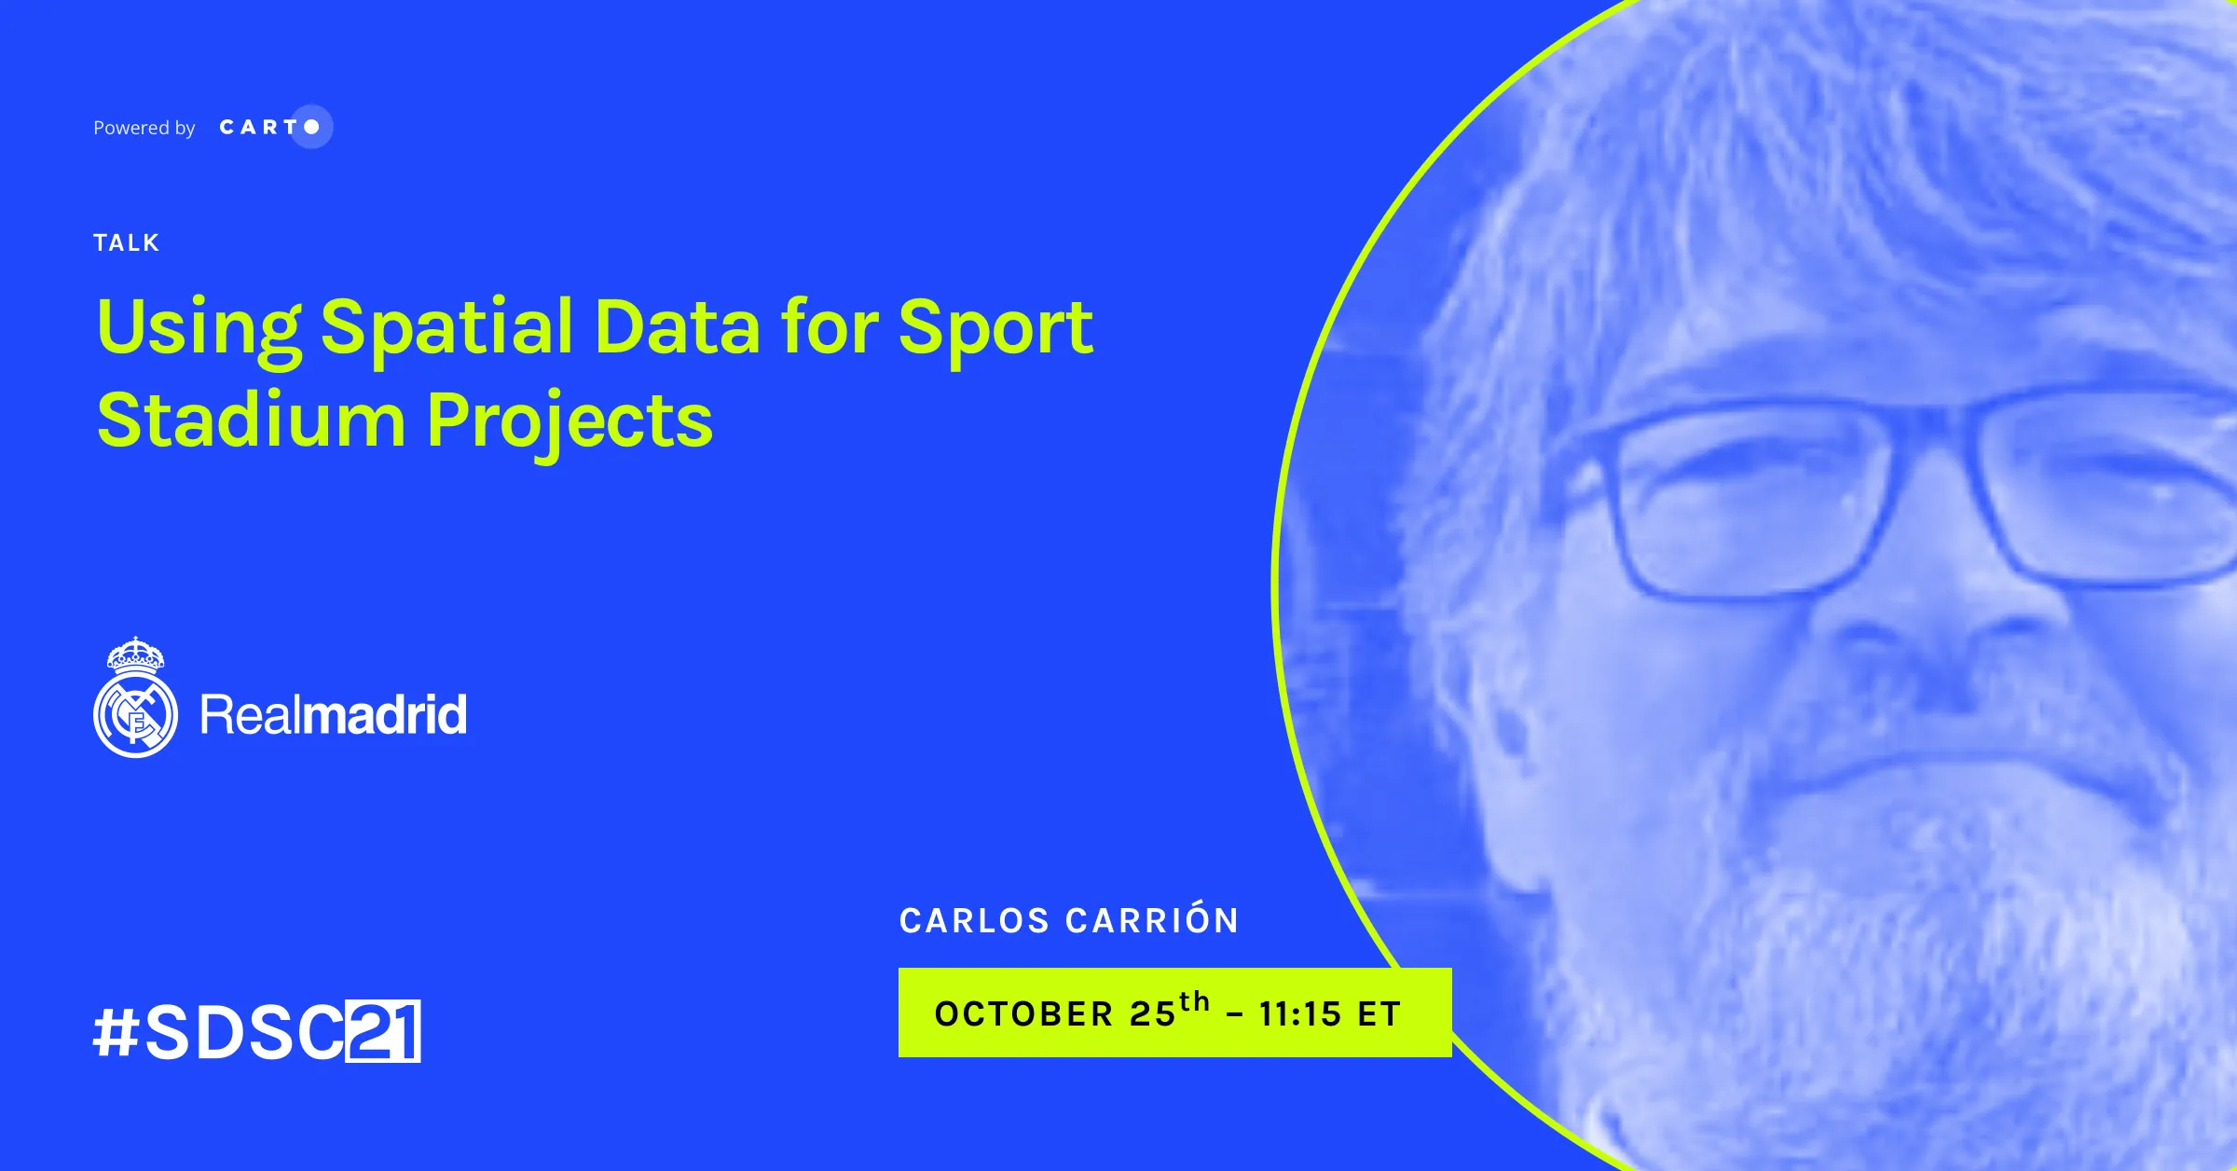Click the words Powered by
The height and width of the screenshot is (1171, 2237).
pyautogui.click(x=144, y=128)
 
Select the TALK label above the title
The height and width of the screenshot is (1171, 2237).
pyautogui.click(x=127, y=243)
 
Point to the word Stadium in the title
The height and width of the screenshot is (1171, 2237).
pyautogui.click(x=252, y=420)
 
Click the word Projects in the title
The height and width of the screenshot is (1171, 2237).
pyautogui.click(x=570, y=424)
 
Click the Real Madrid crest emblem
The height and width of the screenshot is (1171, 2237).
pyautogui.click(x=135, y=697)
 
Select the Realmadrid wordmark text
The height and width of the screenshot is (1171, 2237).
pyautogui.click(x=334, y=715)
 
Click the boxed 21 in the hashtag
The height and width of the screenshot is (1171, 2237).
pyautogui.click(x=383, y=1031)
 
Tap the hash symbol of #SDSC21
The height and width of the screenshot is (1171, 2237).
pyautogui.click(x=117, y=1032)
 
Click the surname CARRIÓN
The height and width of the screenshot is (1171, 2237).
pyautogui.click(x=1153, y=919)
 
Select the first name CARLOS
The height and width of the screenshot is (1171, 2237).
pyautogui.click(x=974, y=921)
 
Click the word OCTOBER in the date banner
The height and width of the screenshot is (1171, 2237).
pyautogui.click(x=1024, y=1014)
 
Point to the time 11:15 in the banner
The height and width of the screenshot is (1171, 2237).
pyautogui.click(x=1300, y=1014)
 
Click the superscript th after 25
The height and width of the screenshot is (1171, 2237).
pyautogui.click(x=1195, y=1002)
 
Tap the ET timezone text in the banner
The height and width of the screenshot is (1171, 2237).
pyautogui.click(x=1379, y=1014)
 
